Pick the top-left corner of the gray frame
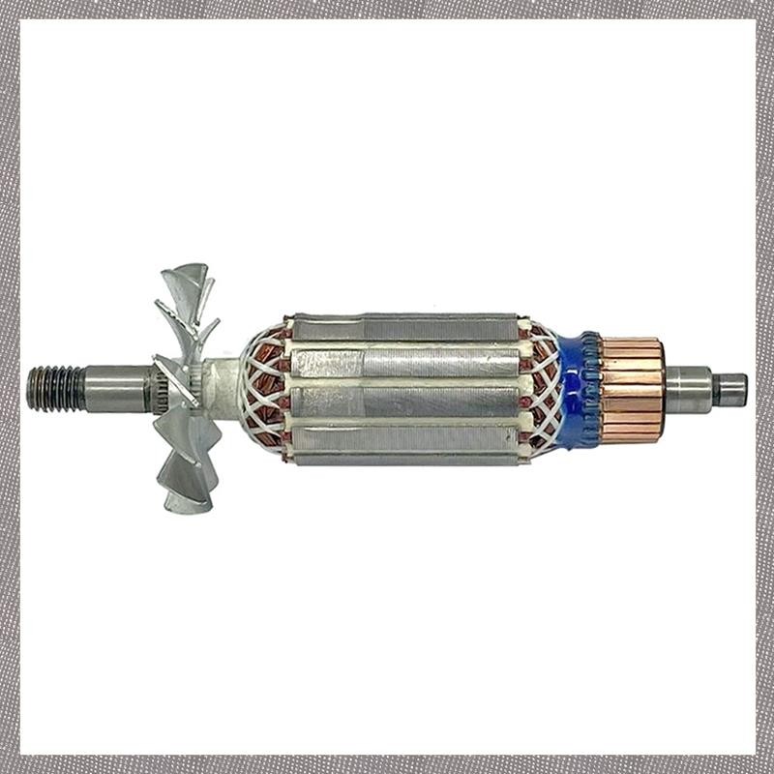[10, 10]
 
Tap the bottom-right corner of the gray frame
[764, 764]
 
